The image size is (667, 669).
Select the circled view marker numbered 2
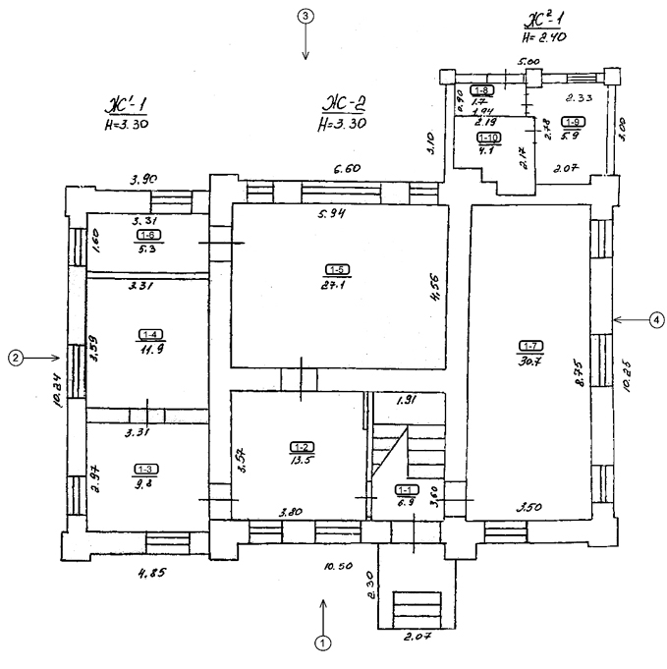[x=15, y=359]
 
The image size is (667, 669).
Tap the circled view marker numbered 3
[x=306, y=17]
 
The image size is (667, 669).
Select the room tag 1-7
[x=530, y=344]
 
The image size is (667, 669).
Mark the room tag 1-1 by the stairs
[x=404, y=488]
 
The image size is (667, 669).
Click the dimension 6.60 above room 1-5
[x=349, y=169]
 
